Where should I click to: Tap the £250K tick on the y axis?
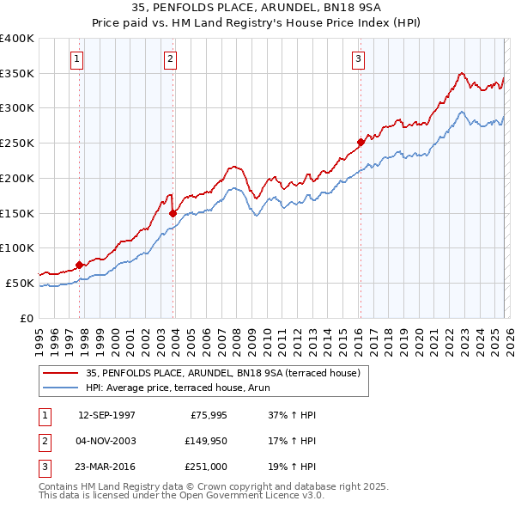pos(17,143)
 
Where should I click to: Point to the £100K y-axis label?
pos(17,247)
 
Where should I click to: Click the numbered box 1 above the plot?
pos(77,59)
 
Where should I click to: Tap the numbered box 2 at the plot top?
pos(171,59)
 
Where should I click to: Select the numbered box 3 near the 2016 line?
pos(358,59)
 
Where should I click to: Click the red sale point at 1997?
pos(79,265)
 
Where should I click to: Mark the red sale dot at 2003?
pos(173,213)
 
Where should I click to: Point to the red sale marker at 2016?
pos(360,143)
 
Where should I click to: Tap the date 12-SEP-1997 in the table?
pos(106,415)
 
